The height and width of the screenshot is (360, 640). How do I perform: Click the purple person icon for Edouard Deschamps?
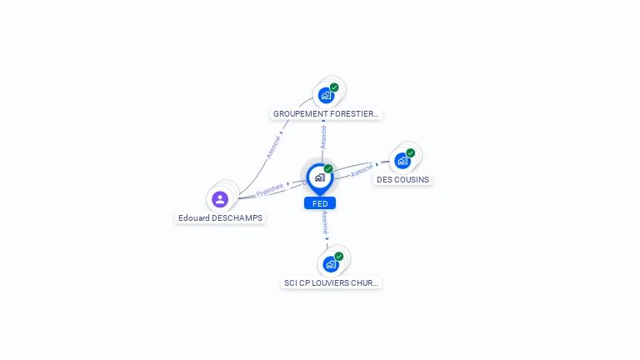[x=220, y=199]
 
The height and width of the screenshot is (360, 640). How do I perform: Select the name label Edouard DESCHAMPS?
[x=220, y=218]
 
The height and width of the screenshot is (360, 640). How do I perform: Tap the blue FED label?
[x=320, y=203]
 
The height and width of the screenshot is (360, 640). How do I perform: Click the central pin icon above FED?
[x=320, y=177]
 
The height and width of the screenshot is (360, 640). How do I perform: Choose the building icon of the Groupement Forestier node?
[x=326, y=96]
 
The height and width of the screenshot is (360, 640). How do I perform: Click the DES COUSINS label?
[x=402, y=179]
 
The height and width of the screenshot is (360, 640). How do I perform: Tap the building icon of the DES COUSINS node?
[x=402, y=161]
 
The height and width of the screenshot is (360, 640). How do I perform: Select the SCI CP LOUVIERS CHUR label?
[x=331, y=283]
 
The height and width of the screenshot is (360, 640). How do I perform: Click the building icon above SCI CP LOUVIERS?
[x=331, y=264]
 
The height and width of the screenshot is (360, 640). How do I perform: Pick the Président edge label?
[x=269, y=191]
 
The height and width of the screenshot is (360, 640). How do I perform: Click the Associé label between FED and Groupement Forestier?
[x=323, y=137]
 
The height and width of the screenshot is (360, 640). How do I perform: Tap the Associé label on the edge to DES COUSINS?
[x=362, y=171]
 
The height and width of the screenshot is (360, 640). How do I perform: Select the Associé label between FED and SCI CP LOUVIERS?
[x=325, y=222]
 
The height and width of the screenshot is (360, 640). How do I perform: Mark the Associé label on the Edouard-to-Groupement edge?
[x=273, y=147]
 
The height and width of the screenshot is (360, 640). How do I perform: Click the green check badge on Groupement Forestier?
[x=334, y=87]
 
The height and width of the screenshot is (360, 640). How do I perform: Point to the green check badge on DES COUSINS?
[x=411, y=152]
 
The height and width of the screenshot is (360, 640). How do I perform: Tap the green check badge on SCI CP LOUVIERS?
[x=339, y=256]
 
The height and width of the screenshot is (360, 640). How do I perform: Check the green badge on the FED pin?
[x=328, y=169]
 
